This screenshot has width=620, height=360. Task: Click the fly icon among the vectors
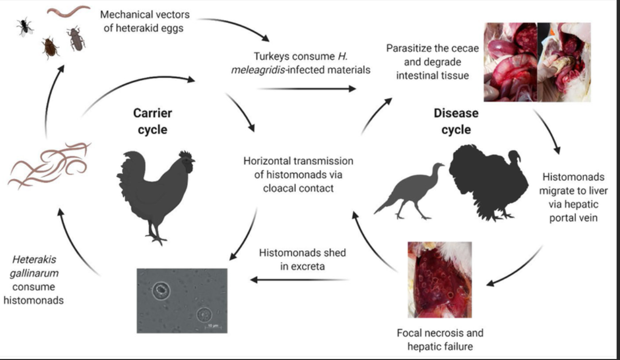point(24,26)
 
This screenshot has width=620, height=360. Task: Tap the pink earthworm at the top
point(69,11)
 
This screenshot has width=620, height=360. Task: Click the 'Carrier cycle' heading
point(152,121)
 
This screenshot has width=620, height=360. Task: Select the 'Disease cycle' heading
point(456,121)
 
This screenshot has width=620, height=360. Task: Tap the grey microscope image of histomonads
point(182,300)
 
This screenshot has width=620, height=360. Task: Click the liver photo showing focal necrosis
point(439,279)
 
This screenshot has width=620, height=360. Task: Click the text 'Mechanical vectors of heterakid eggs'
point(145,21)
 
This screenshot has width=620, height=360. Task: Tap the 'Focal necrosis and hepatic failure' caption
point(440,340)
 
